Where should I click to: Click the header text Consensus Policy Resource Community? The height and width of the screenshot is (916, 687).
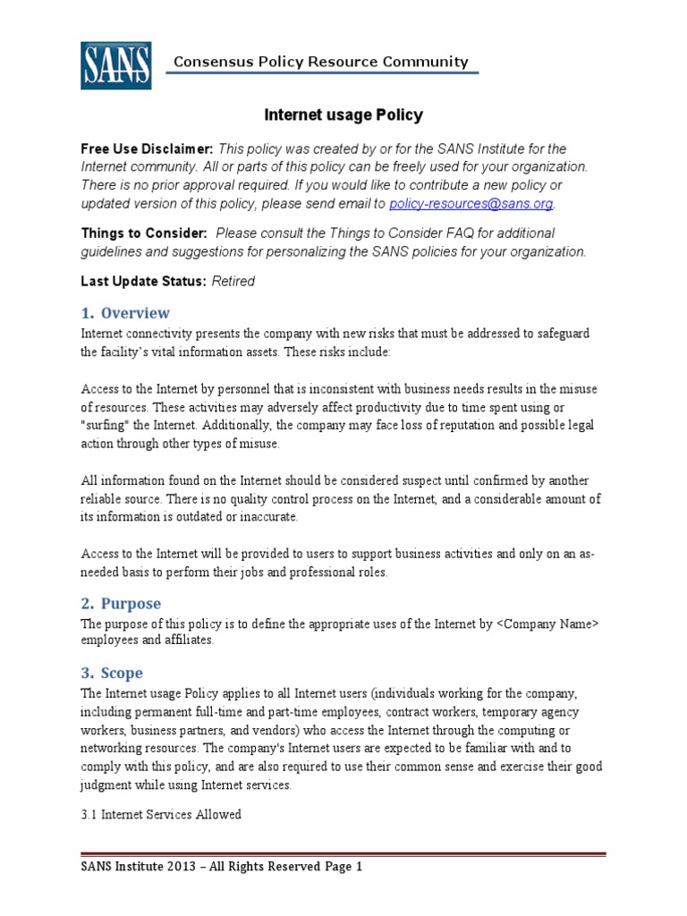(320, 62)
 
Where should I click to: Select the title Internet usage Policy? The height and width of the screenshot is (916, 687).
(343, 115)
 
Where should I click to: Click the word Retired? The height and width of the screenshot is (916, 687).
(233, 281)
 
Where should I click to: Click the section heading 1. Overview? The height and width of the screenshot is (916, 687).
(125, 313)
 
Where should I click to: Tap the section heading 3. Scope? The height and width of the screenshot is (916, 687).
(112, 673)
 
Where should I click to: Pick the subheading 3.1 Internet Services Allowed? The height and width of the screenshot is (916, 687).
(161, 815)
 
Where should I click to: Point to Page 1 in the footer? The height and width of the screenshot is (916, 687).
(340, 867)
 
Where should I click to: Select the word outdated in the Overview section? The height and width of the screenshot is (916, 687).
(198, 517)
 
